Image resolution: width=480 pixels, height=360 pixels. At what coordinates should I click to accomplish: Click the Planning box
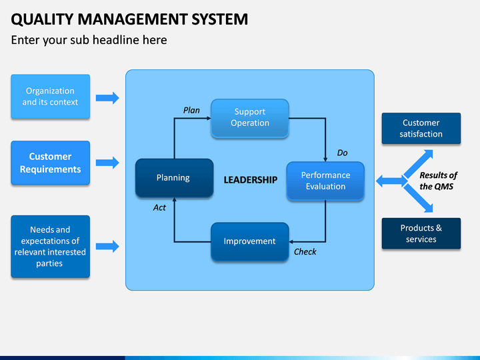(x=174, y=178)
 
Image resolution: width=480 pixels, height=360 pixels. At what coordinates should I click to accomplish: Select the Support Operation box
(x=250, y=118)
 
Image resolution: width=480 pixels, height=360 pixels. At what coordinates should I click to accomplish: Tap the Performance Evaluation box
(x=325, y=181)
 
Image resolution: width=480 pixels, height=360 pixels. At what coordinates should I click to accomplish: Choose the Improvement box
(x=250, y=241)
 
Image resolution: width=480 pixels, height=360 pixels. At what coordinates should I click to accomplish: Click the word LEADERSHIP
(x=251, y=180)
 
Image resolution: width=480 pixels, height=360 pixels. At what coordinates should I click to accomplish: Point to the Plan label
(x=191, y=110)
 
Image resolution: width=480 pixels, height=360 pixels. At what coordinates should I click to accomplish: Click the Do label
(x=342, y=153)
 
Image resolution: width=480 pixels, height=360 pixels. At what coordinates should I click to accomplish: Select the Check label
(x=305, y=251)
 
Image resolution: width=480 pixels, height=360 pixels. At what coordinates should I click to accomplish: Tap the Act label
(x=159, y=207)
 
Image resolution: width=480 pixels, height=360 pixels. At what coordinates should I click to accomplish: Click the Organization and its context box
(x=51, y=97)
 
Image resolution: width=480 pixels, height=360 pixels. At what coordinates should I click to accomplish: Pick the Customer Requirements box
(x=51, y=163)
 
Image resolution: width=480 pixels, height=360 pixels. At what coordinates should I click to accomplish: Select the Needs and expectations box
(x=51, y=247)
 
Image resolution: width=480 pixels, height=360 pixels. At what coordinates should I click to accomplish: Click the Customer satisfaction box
(x=421, y=128)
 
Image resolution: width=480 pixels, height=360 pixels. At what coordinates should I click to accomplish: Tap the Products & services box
(x=421, y=233)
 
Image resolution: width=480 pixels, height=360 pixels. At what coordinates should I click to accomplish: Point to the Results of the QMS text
(x=438, y=181)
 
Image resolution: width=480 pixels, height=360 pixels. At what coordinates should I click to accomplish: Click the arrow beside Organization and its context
(x=107, y=98)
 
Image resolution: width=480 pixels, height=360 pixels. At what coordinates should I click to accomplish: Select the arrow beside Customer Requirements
(x=107, y=163)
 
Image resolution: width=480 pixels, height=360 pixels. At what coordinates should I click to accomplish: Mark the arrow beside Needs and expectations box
(x=107, y=247)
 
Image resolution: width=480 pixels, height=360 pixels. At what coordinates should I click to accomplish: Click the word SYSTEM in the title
(x=219, y=19)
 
